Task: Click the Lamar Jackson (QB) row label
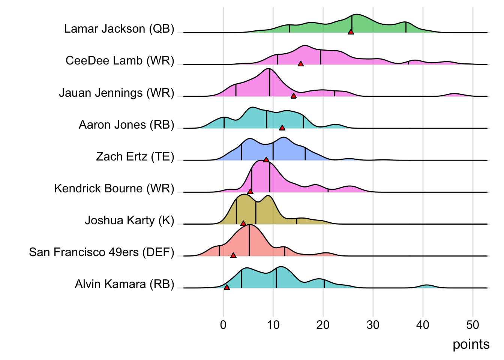(119, 29)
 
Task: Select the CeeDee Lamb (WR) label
(120, 61)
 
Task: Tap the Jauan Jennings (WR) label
(117, 93)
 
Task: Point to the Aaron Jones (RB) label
(126, 124)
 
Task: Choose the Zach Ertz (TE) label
(135, 156)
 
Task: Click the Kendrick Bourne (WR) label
(114, 188)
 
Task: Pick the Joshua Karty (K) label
(129, 220)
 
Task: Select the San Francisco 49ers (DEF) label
(102, 252)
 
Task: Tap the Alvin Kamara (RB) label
(124, 284)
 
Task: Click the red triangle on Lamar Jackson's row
(351, 32)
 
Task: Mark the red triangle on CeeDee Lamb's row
(300, 64)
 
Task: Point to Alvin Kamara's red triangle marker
(226, 287)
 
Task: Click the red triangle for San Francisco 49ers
(233, 255)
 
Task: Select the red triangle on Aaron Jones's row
(282, 128)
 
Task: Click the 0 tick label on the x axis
(223, 325)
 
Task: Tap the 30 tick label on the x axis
(373, 325)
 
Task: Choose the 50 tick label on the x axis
(472, 325)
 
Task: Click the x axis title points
(471, 344)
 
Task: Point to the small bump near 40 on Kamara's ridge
(426, 286)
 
